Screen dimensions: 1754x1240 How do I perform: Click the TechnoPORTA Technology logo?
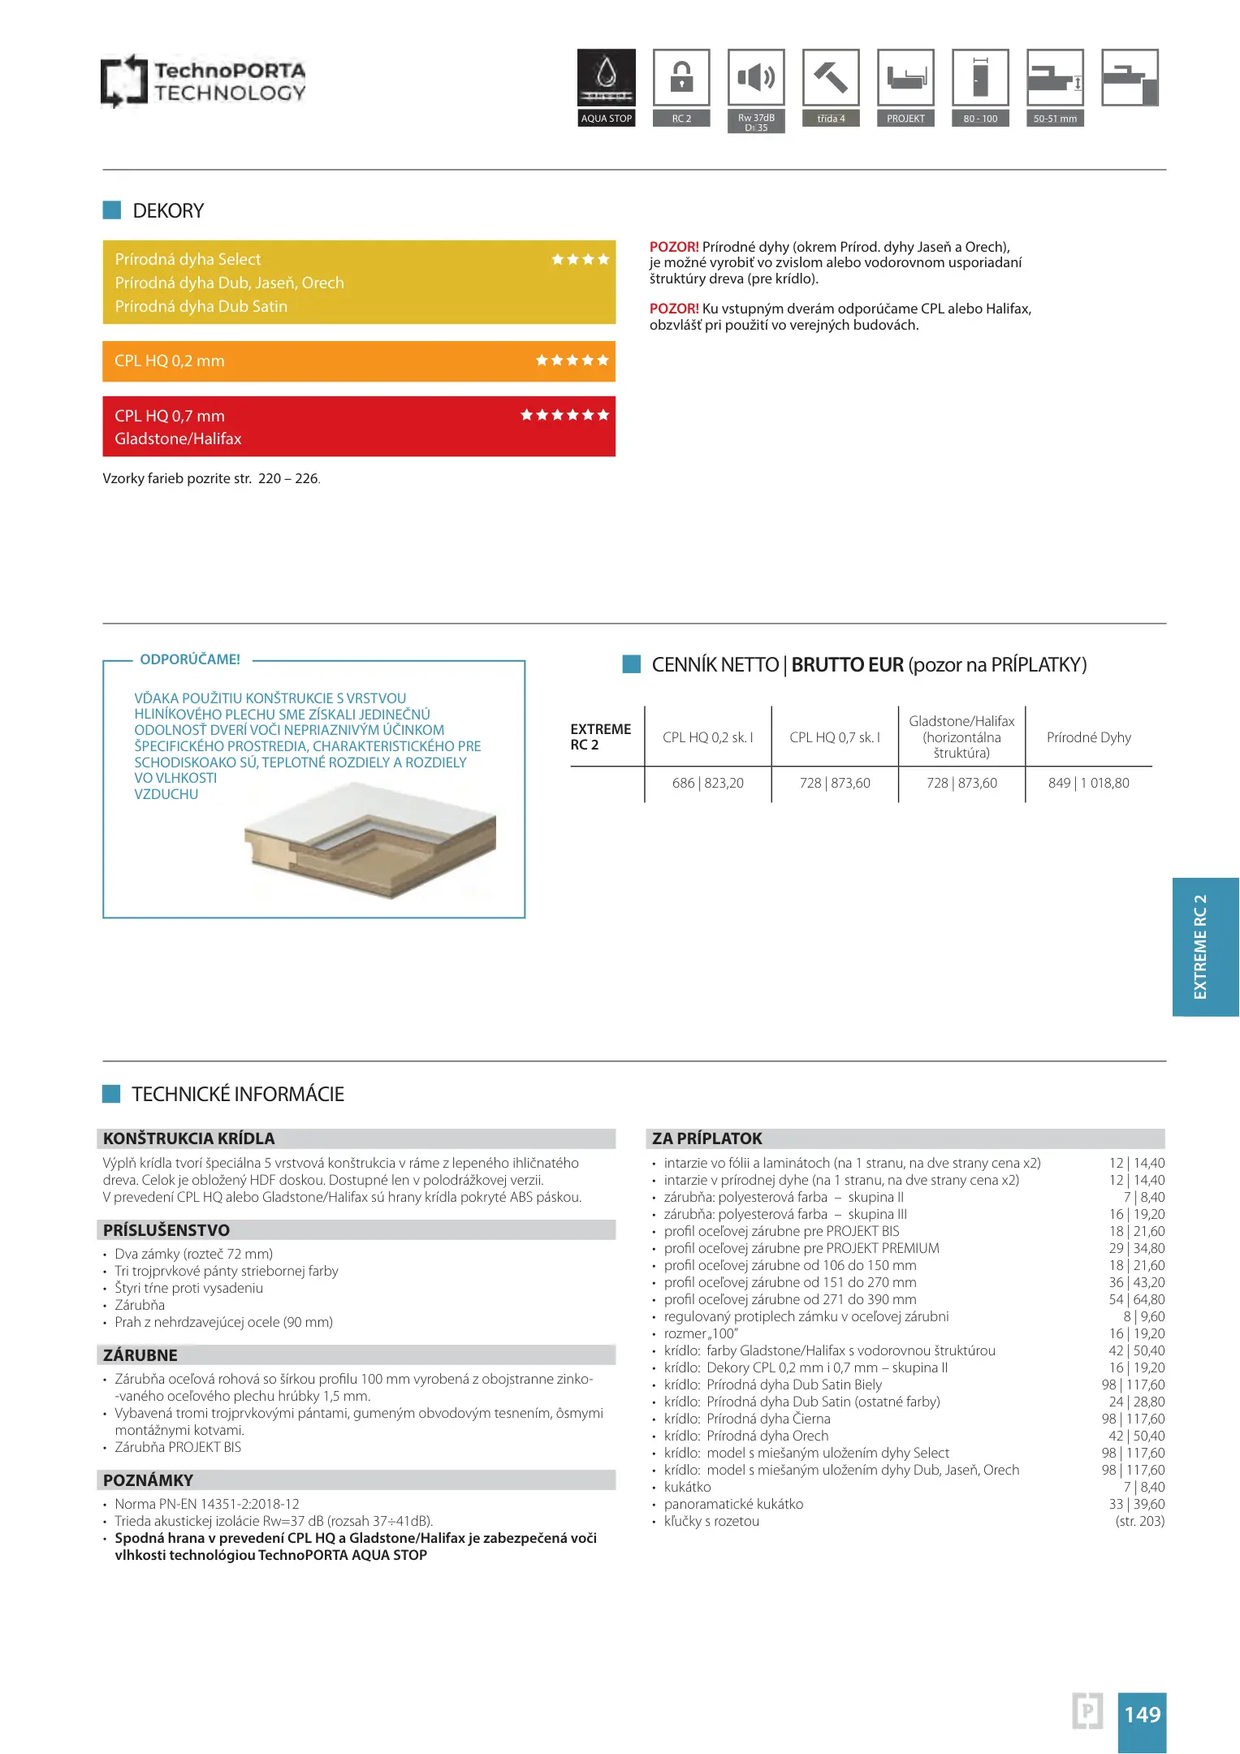click(203, 81)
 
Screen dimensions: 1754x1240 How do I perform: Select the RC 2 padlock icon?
click(681, 77)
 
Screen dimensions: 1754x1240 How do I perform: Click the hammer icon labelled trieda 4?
click(831, 77)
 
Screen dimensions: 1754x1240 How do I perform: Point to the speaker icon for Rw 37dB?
click(756, 77)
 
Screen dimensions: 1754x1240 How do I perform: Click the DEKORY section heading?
click(168, 211)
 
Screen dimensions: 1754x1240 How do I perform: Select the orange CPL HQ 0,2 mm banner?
click(358, 361)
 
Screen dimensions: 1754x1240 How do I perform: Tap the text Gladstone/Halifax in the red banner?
click(178, 439)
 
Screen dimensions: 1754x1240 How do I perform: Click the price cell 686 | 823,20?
click(707, 784)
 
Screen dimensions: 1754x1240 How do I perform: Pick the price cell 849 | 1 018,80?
click(1088, 784)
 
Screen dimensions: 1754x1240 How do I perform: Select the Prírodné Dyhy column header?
click(1088, 737)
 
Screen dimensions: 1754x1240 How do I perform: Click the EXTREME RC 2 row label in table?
click(600, 737)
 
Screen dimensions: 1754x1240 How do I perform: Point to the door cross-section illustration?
click(369, 840)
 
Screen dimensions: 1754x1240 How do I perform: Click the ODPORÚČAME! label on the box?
click(190, 659)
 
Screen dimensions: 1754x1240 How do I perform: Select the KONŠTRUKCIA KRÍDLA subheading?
click(188, 1138)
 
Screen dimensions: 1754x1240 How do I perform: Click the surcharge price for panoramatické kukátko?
click(1136, 1505)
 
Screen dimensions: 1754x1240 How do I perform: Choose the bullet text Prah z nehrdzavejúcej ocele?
click(223, 1323)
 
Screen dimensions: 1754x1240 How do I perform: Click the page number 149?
click(1142, 1715)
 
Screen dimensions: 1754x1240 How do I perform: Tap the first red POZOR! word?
click(673, 247)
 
